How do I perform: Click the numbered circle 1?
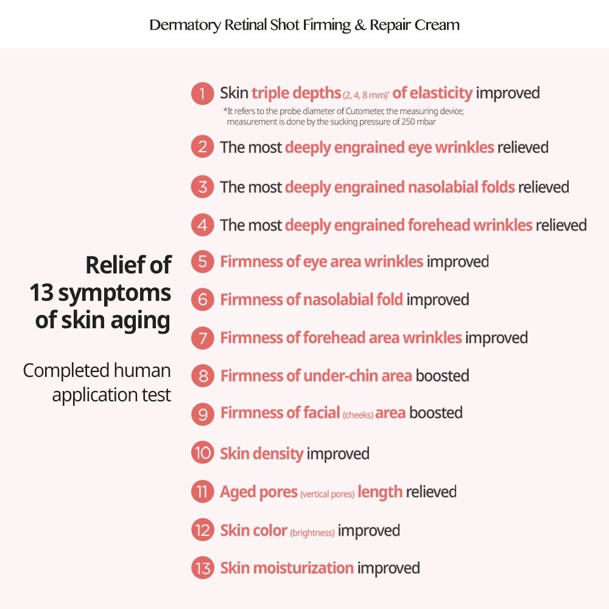click(202, 94)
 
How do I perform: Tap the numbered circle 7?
click(202, 338)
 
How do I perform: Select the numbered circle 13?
click(202, 568)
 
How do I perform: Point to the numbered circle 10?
click(202, 453)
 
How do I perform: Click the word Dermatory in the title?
click(185, 25)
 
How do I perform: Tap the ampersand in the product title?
click(360, 25)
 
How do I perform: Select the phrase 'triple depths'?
click(297, 93)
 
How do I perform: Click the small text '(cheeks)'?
click(357, 415)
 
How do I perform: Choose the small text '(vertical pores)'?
click(327, 494)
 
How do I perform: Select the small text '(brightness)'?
click(312, 532)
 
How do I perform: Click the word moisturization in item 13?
click(303, 568)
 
